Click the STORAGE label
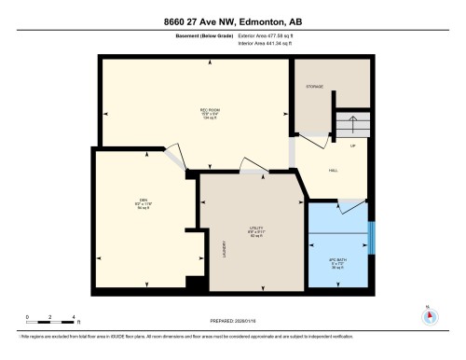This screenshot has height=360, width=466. [314, 87]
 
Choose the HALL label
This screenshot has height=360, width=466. [334, 170]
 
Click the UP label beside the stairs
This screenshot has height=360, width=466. [352, 147]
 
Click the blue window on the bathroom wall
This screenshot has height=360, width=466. [371, 237]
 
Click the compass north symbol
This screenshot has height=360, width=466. [430, 314]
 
